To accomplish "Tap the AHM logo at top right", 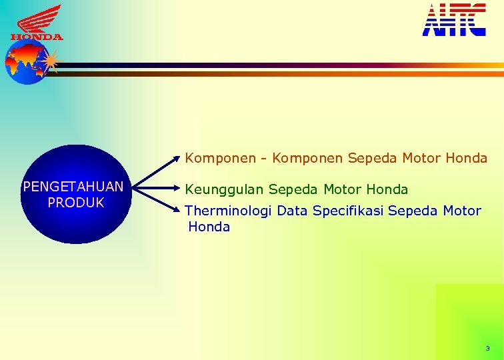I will pos(454,20).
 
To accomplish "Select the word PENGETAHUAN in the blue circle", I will pos(73,187).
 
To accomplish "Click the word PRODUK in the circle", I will pos(76,203).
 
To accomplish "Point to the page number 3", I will pos(487,349).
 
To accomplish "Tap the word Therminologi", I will pos(228,211).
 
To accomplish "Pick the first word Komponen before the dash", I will pos(220,159).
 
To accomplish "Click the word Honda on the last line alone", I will pos(209,227).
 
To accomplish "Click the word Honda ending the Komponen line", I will pos(466,158).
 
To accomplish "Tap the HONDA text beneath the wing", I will pos(37,37).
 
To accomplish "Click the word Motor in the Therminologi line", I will pos(461,211).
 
